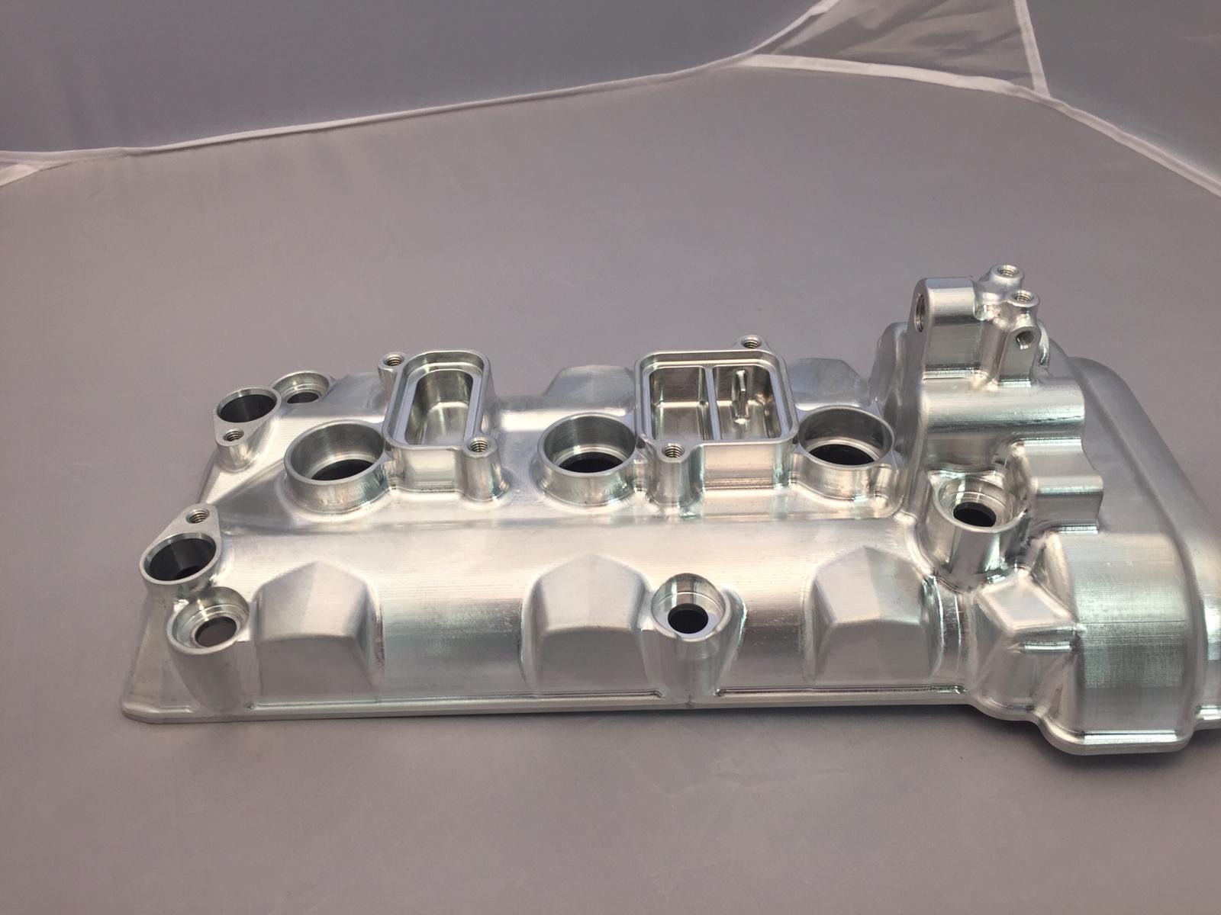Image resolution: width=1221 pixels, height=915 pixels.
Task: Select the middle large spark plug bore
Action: point(586,455)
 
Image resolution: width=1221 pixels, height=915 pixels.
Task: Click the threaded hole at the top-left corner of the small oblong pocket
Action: point(395,358)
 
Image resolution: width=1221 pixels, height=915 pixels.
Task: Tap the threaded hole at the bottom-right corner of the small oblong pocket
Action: point(479,445)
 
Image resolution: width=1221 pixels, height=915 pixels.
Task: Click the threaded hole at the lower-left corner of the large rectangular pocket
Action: point(672,451)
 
